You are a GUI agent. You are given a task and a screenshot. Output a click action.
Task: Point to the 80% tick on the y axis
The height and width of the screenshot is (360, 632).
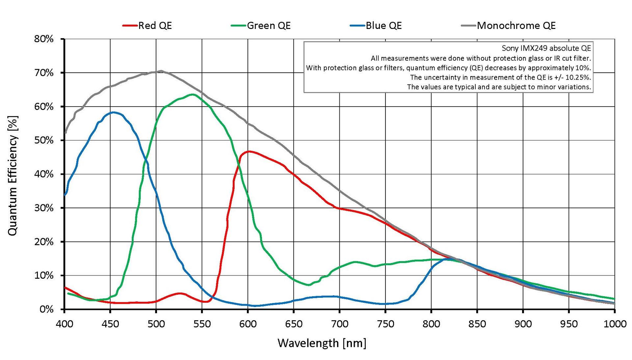(x=44, y=39)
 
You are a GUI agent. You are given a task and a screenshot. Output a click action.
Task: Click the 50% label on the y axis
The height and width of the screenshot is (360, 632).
(x=44, y=141)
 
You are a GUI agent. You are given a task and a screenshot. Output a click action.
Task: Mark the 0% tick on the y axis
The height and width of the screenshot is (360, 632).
(x=46, y=309)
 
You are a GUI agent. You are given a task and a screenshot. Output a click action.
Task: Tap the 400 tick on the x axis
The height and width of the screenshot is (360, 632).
(x=65, y=324)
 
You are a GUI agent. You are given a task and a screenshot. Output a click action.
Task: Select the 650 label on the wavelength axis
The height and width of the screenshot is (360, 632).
(x=294, y=324)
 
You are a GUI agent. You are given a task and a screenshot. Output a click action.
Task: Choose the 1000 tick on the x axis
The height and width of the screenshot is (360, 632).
(x=615, y=324)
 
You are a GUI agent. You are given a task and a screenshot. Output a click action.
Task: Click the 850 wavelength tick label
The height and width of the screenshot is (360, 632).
(x=477, y=324)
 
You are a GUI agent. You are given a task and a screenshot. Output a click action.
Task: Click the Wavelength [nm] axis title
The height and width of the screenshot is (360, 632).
(x=322, y=343)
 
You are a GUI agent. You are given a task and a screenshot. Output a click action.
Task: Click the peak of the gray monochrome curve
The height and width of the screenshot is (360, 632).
(x=161, y=71)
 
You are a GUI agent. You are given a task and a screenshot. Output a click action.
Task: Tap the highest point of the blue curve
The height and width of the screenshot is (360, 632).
(x=113, y=112)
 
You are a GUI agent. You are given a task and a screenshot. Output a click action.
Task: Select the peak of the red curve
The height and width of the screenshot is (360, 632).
(x=249, y=151)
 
